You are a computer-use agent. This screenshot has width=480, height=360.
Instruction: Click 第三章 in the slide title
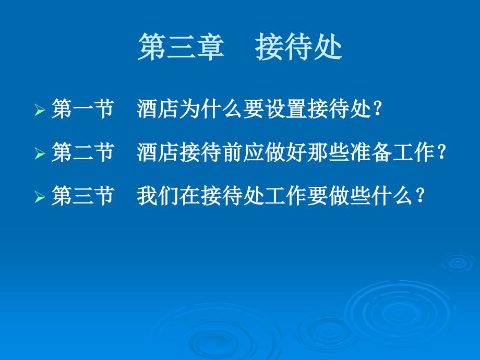pyautogui.click(x=181, y=47)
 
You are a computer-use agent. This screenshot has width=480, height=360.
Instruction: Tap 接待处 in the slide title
pyautogui.click(x=298, y=47)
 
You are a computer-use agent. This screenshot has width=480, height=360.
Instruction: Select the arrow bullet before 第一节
pyautogui.click(x=40, y=110)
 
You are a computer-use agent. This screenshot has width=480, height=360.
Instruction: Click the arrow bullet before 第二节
pyautogui.click(x=40, y=153)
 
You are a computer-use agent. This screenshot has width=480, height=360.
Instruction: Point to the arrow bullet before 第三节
pyautogui.click(x=40, y=197)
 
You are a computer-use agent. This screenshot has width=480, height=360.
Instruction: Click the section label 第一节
pyautogui.click(x=82, y=109)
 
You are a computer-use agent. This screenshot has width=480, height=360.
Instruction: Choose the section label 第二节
pyautogui.click(x=82, y=152)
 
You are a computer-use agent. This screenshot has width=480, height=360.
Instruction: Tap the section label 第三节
pyautogui.click(x=82, y=196)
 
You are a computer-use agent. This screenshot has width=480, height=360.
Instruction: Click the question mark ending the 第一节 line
pyautogui.click(x=378, y=109)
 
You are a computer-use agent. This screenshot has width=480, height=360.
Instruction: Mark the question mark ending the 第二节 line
pyautogui.click(x=442, y=152)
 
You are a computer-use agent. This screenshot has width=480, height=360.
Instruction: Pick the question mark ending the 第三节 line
pyautogui.click(x=421, y=196)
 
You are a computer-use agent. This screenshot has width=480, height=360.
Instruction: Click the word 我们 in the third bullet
pyautogui.click(x=158, y=196)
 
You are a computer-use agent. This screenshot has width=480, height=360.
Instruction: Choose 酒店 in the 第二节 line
pyautogui.click(x=158, y=152)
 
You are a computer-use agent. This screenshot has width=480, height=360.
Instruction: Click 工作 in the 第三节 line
pyautogui.click(x=285, y=196)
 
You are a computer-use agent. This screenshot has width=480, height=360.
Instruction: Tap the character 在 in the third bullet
pyautogui.click(x=190, y=196)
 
